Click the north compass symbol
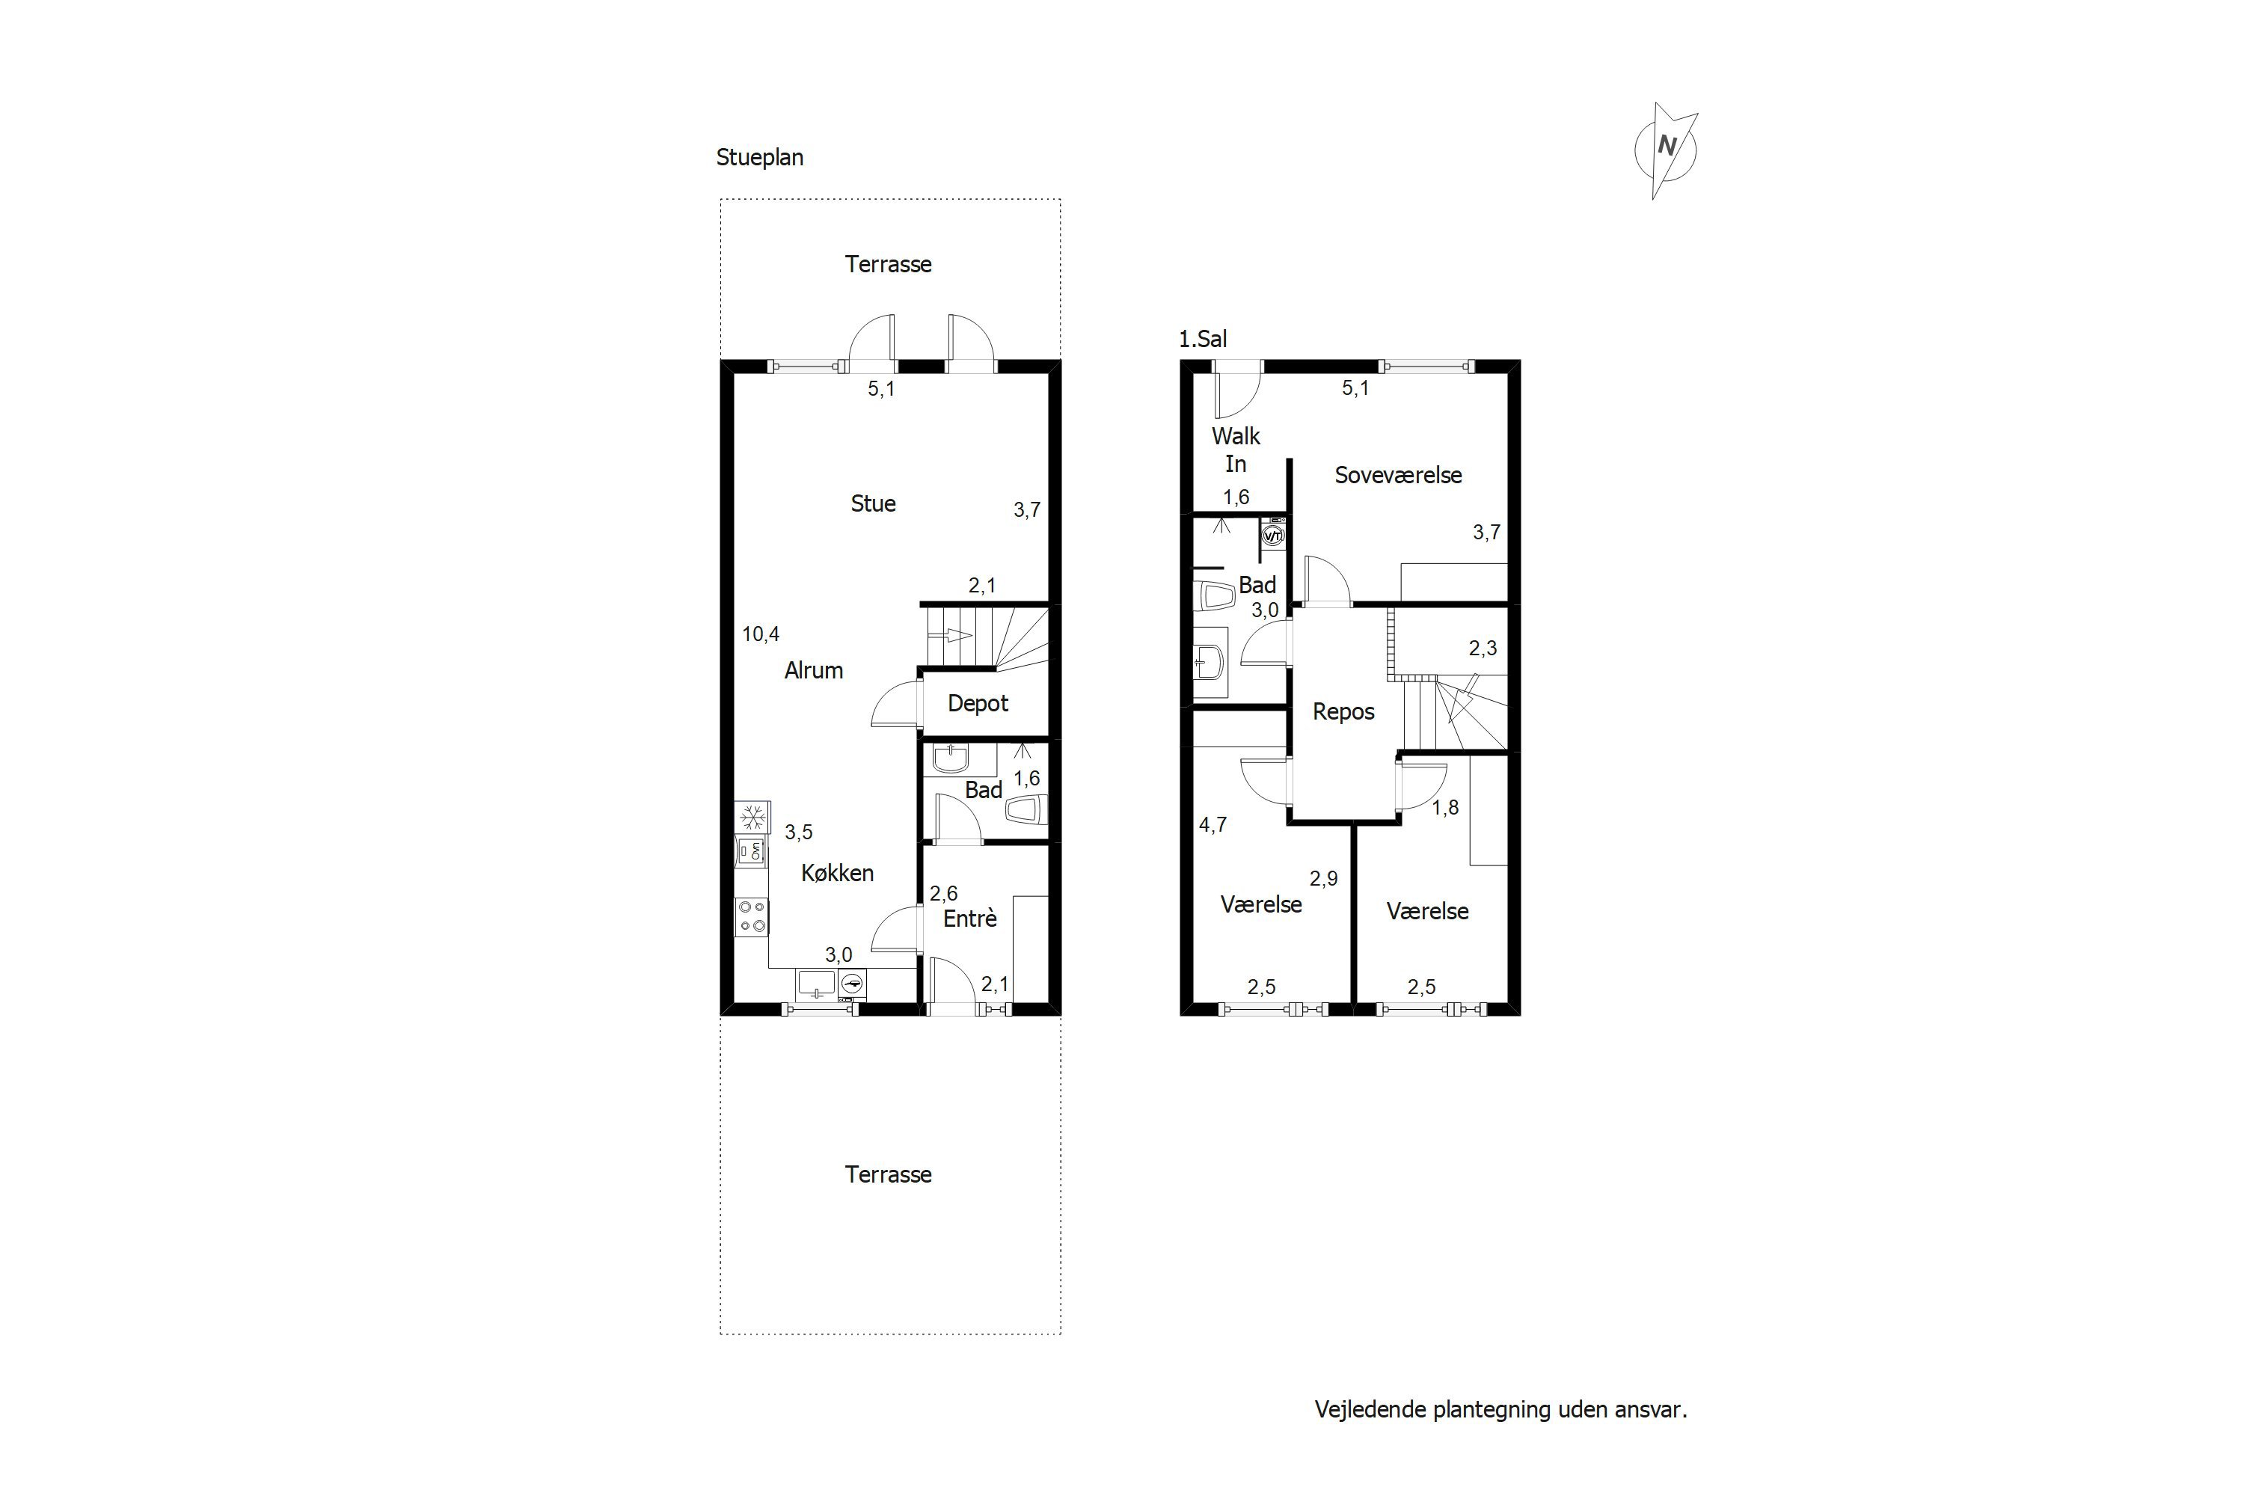click(1666, 150)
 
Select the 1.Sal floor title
click(1202, 339)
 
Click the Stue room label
click(873, 503)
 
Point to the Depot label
click(978, 704)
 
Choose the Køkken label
click(837, 873)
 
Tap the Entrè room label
click(969, 918)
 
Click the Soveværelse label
click(1398, 475)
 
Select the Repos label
click(1343, 712)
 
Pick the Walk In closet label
click(1236, 450)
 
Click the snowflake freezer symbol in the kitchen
click(752, 818)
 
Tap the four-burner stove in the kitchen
click(752, 916)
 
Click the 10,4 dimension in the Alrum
click(761, 634)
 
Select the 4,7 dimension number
click(1213, 825)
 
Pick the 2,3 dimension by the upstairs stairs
click(1483, 649)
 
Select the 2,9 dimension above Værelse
click(1323, 879)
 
